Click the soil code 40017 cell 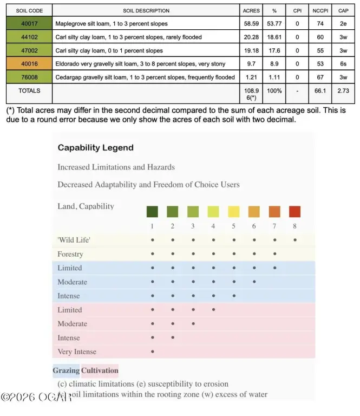click(x=29, y=24)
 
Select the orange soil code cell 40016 click(x=29, y=63)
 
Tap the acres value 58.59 click(x=251, y=24)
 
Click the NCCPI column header click(x=320, y=10)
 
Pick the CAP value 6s click(x=343, y=63)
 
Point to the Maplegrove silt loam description click(x=112, y=24)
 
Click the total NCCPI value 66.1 click(x=320, y=91)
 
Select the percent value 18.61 click(x=277, y=37)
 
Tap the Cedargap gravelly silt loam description click(x=145, y=77)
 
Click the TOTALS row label click(x=29, y=91)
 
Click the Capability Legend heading click(x=95, y=147)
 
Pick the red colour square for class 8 click(x=294, y=211)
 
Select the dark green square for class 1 click(x=153, y=211)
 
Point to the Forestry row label click(x=70, y=253)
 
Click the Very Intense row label click(x=77, y=352)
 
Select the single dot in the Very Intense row click(x=153, y=352)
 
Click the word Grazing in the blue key click(x=66, y=370)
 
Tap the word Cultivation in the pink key click(x=100, y=370)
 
